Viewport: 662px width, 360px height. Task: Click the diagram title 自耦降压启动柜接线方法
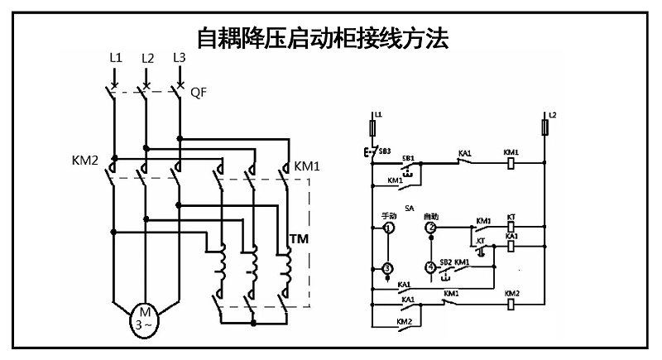pyautogui.click(x=323, y=38)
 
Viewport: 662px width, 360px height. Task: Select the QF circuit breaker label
pyautogui.click(x=199, y=92)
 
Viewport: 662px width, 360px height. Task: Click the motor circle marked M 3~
pyautogui.click(x=145, y=317)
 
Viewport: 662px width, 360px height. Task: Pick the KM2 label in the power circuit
pyautogui.click(x=85, y=158)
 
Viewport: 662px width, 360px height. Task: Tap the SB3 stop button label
pyautogui.click(x=384, y=152)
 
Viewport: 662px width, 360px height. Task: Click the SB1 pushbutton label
pyautogui.click(x=408, y=156)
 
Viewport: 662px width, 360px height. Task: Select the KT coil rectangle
pyautogui.click(x=511, y=226)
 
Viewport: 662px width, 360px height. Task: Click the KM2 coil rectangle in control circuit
pyautogui.click(x=511, y=304)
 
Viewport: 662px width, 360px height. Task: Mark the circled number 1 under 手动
pyautogui.click(x=386, y=228)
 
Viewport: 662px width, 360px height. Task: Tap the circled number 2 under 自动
pyautogui.click(x=430, y=227)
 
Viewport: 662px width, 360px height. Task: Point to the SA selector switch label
pyautogui.click(x=409, y=209)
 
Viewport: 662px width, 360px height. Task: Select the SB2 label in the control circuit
pyautogui.click(x=445, y=262)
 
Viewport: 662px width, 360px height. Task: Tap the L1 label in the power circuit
pyautogui.click(x=115, y=58)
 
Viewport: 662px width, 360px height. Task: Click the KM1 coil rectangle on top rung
pyautogui.click(x=511, y=164)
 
